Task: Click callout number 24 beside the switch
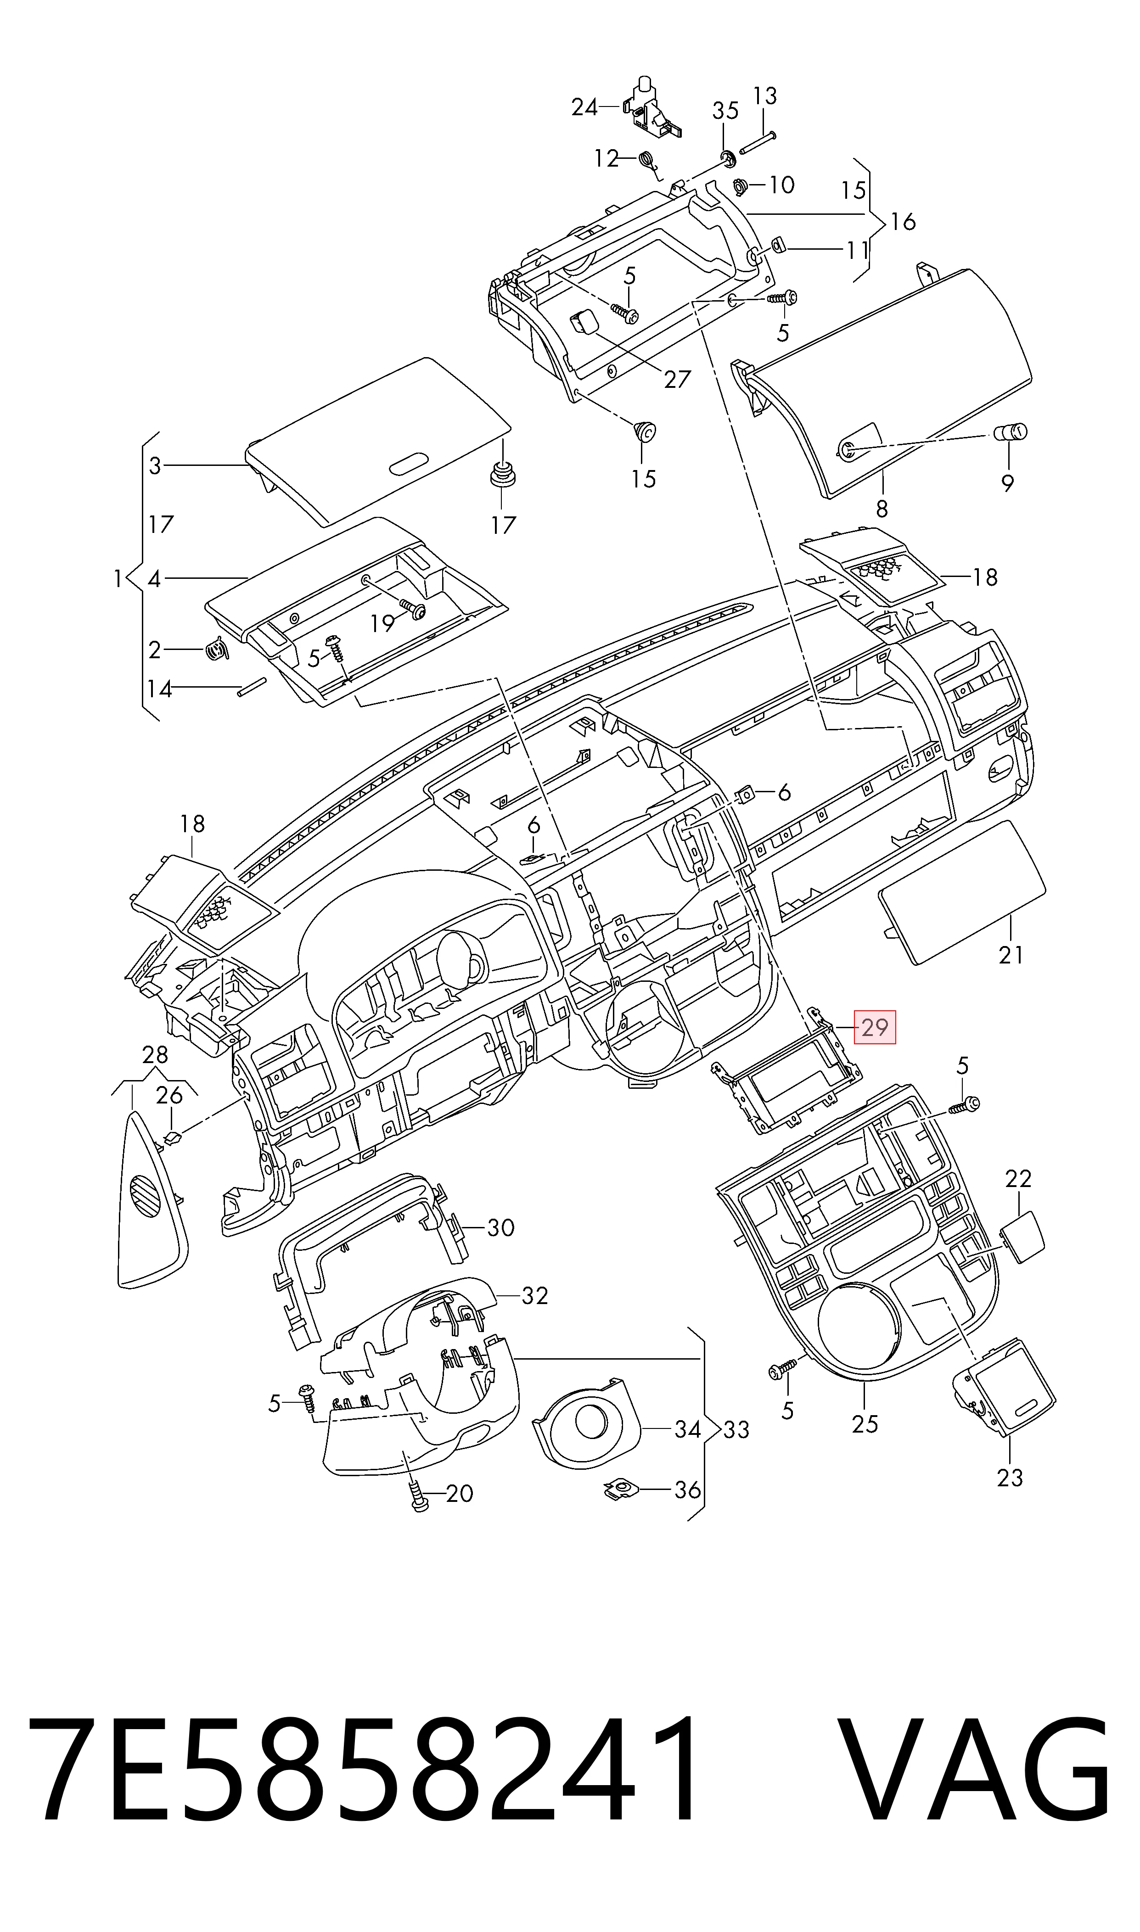(584, 107)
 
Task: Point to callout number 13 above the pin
(764, 96)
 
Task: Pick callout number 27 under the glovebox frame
(678, 379)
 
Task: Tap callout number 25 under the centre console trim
(865, 1424)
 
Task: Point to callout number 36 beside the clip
(687, 1490)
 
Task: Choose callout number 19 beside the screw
(382, 623)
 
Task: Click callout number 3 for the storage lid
(155, 465)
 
